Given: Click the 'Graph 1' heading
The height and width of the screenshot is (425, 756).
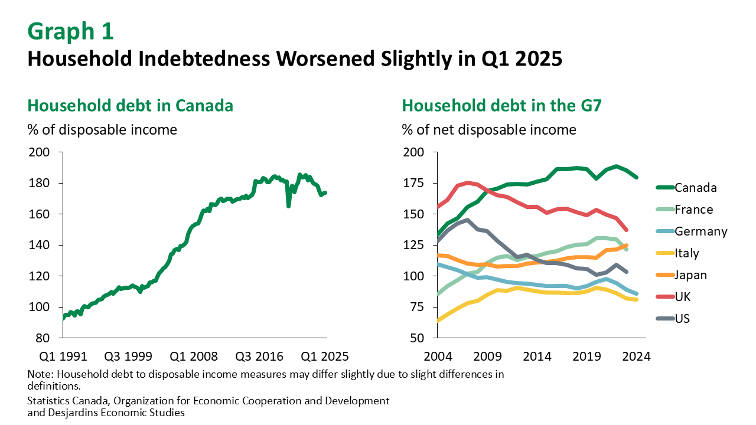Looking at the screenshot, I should (x=70, y=32).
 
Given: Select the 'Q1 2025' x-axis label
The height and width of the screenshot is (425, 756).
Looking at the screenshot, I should (x=325, y=357).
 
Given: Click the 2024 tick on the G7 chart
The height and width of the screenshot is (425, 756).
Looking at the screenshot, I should (x=637, y=357).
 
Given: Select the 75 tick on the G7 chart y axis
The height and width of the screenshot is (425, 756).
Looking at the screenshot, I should (x=416, y=307).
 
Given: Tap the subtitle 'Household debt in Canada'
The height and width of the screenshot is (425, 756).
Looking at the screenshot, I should (x=130, y=106).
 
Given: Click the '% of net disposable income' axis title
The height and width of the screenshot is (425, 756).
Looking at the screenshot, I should (x=489, y=129).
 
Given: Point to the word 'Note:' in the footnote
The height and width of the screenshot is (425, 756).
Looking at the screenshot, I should (x=40, y=374).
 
